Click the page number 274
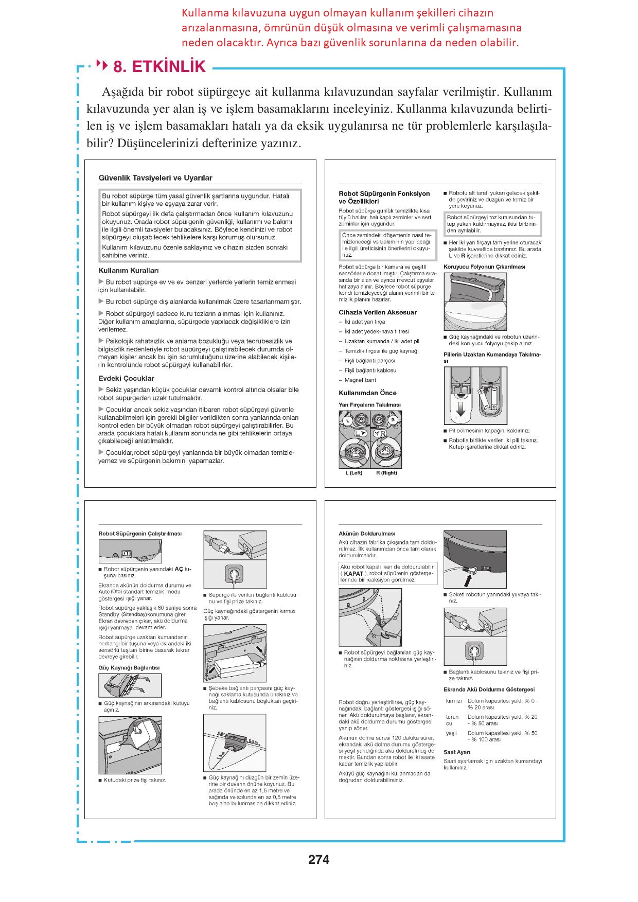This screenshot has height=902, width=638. (318, 859)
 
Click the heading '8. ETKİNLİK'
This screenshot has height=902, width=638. (159, 67)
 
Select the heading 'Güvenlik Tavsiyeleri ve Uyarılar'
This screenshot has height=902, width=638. (155, 178)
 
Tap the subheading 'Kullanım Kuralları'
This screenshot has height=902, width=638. (129, 271)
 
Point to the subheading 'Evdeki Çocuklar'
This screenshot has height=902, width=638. (127, 379)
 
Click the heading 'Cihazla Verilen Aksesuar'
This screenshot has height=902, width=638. (378, 312)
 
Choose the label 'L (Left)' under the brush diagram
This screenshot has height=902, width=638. (353, 473)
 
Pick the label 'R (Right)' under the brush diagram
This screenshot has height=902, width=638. (386, 473)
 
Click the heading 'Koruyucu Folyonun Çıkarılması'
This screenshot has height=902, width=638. (484, 267)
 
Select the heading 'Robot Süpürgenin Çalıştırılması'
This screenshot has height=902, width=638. (140, 534)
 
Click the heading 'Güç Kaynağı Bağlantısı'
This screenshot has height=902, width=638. (129, 668)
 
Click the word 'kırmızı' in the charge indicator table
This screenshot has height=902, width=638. (454, 701)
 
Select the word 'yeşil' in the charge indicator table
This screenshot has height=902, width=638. (451, 733)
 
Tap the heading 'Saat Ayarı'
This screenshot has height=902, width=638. (456, 752)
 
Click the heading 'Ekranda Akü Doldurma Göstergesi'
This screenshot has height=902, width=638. (489, 689)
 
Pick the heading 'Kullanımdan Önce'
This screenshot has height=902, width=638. (367, 393)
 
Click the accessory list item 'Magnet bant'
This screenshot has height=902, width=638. (360, 380)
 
